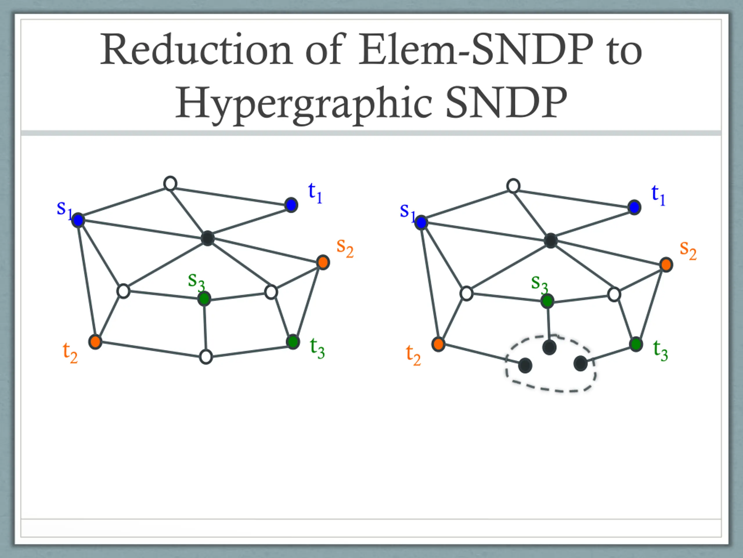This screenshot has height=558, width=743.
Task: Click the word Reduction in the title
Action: coord(196,50)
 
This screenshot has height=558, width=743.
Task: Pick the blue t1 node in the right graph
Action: coord(634,207)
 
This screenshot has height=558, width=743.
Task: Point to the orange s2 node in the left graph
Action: coord(323,262)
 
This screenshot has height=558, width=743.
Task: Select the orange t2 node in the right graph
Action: coord(438,344)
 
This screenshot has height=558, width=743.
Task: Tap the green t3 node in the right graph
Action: coord(636,344)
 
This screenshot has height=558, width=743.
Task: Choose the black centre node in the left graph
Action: coord(208,238)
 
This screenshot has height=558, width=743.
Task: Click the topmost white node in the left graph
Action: coord(170,184)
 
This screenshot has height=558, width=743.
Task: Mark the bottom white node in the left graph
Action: coord(206,357)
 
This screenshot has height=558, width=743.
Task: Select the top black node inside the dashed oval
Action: coord(549,347)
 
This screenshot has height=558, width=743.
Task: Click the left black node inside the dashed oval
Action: coord(525,365)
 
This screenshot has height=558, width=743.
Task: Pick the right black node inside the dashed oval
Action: coord(580,364)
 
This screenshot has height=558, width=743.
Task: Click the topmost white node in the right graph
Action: coord(513,186)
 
